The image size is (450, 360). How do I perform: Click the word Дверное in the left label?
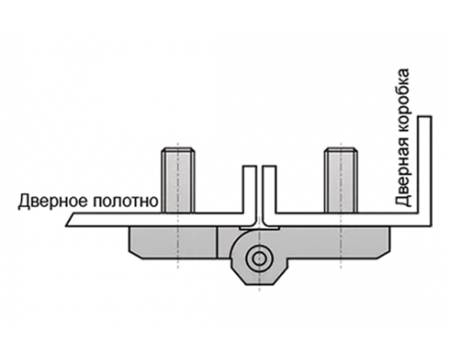52,201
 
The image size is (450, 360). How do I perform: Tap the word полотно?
125,201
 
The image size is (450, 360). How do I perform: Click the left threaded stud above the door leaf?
178,180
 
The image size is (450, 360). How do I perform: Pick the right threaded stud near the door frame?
341,180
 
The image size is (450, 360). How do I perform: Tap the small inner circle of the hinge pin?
258,257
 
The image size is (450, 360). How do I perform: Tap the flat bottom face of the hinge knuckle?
258,284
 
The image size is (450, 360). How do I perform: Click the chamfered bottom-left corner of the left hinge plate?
135,256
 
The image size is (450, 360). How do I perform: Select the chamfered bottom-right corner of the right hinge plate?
384,255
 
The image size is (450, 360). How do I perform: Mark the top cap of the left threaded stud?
178,149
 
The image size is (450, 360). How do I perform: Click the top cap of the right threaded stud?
341,149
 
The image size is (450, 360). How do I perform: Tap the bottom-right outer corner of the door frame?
432,226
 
